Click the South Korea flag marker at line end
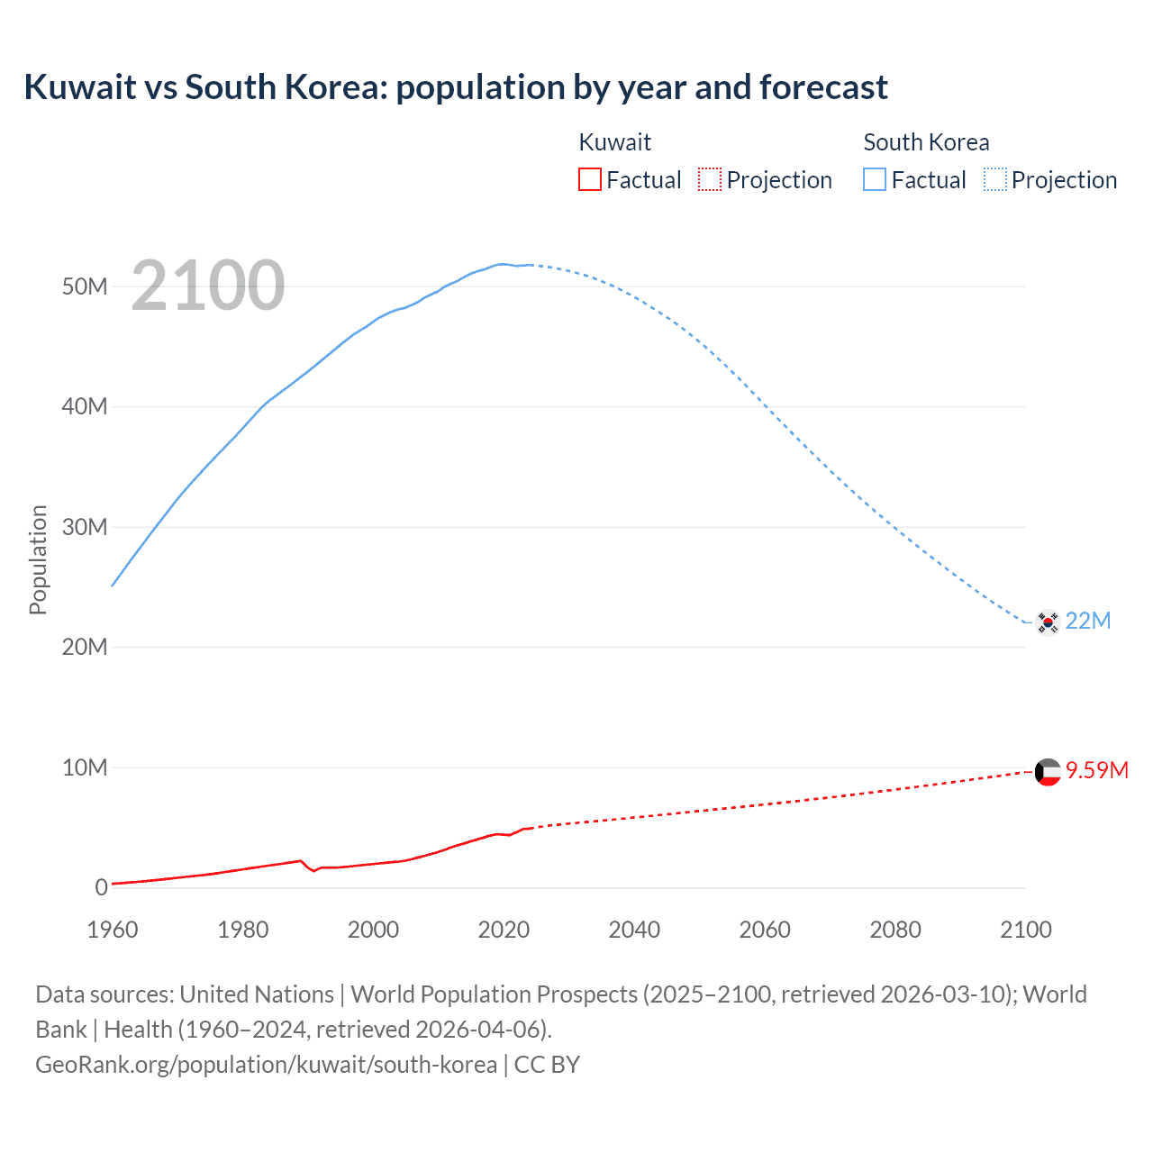pyautogui.click(x=1047, y=622)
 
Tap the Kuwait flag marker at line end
pyautogui.click(x=1048, y=772)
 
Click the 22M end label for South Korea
pyautogui.click(x=1088, y=621)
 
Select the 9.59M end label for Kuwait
pyautogui.click(x=1097, y=770)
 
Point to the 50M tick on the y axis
pyautogui.click(x=85, y=286)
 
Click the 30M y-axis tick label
pyautogui.click(x=85, y=527)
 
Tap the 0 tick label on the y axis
pyautogui.click(x=101, y=887)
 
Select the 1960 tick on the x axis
pyautogui.click(x=113, y=930)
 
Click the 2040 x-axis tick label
pyautogui.click(x=634, y=930)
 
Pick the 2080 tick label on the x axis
pyautogui.click(x=895, y=930)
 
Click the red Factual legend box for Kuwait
pyautogui.click(x=590, y=180)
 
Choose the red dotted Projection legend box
pyautogui.click(x=710, y=180)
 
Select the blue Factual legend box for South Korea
pyautogui.click(x=875, y=180)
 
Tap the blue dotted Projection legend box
pyautogui.click(x=995, y=180)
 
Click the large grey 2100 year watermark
pyautogui.click(x=208, y=286)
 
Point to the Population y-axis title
pyautogui.click(x=38, y=559)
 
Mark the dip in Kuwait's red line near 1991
pyautogui.click(x=313, y=870)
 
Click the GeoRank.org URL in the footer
pyautogui.click(x=266, y=1065)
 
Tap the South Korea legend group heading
pyautogui.click(x=926, y=142)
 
